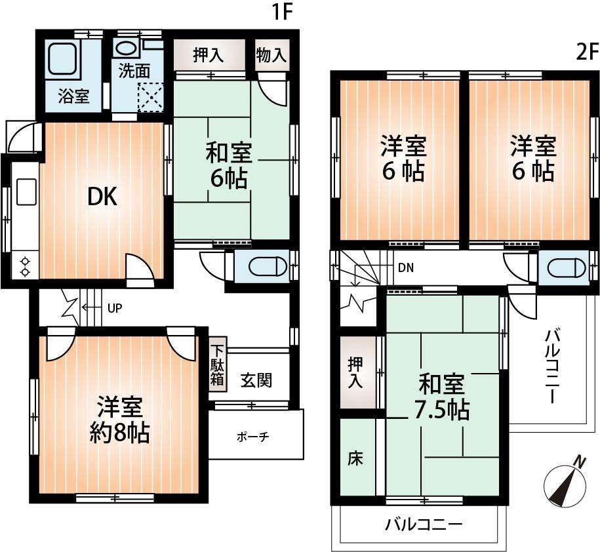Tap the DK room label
coord(102,197)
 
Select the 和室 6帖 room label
coord(228,166)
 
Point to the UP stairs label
coord(115,307)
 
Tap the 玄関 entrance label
coord(256,380)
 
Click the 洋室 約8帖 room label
coord(119,420)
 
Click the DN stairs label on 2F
coord(405,267)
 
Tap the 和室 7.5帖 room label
coord(441,396)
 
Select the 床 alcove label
coord(355,458)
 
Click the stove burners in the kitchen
coord(25,266)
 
